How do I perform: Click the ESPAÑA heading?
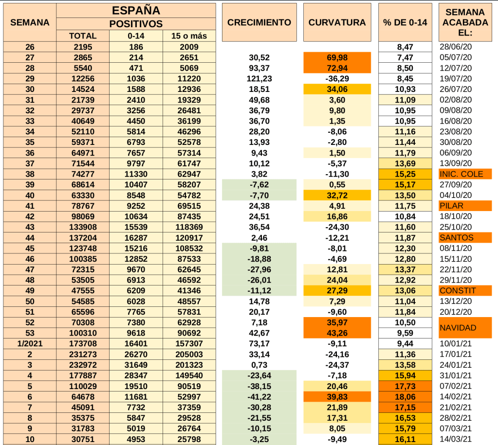click(x=136, y=10)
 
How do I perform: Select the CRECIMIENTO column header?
click(x=259, y=22)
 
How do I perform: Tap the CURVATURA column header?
click(x=337, y=22)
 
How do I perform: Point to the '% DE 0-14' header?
click(x=405, y=22)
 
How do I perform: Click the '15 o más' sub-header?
click(x=189, y=36)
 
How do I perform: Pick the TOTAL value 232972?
click(x=83, y=365)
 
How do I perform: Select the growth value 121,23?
click(x=258, y=79)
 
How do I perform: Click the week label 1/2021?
click(x=30, y=344)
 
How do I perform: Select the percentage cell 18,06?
click(x=405, y=397)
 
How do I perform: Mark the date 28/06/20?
click(x=456, y=47)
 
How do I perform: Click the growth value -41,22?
click(x=258, y=397)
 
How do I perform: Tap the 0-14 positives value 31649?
click(x=136, y=365)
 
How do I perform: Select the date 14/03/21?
click(x=456, y=440)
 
